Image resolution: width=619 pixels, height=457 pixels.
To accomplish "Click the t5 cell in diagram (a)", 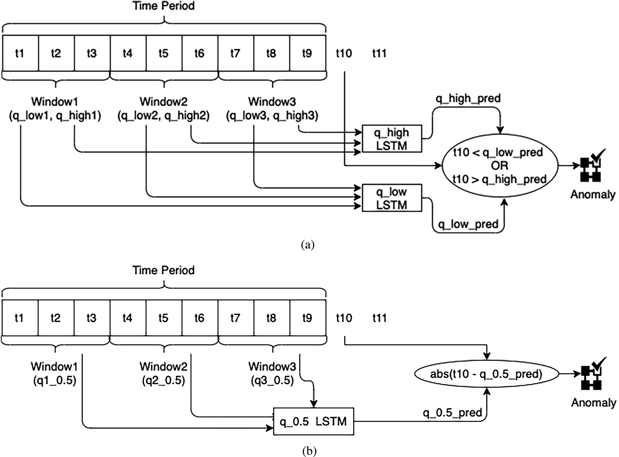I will [x=164, y=53].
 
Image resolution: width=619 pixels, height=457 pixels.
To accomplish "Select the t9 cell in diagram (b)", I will [x=307, y=318].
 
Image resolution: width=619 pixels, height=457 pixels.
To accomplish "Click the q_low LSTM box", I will [x=392, y=198].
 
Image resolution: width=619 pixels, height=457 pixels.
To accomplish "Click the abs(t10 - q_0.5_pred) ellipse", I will [x=486, y=374].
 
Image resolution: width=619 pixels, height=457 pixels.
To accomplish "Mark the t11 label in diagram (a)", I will [x=379, y=53].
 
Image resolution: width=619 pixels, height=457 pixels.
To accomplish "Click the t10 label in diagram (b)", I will [x=344, y=318].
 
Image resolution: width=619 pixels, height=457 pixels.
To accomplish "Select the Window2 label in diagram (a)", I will [x=164, y=102].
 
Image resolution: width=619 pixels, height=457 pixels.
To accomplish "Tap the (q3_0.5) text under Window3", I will [x=272, y=381].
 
